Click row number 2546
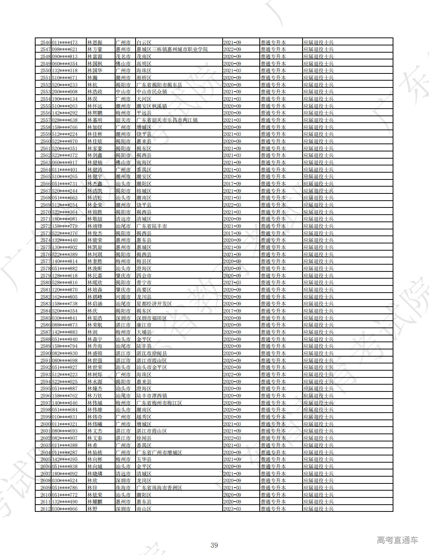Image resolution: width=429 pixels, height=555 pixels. (x=45, y=42)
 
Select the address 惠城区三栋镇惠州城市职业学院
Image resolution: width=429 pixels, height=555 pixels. (x=172, y=50)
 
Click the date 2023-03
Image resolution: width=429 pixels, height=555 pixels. (x=232, y=509)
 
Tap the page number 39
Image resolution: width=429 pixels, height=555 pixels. (x=214, y=545)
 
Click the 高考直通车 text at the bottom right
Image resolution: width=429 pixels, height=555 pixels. (x=397, y=540)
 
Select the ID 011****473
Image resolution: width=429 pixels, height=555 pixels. (x=65, y=42)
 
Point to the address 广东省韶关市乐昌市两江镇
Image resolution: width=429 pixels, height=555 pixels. (x=167, y=120)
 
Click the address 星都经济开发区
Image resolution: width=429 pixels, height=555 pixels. (x=154, y=304)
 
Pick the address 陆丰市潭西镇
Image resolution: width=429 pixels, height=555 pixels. (x=151, y=396)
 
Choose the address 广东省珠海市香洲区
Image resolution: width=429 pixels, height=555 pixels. (x=159, y=488)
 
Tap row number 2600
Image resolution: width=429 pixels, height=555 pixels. (x=45, y=424)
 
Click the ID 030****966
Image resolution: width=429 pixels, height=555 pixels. (x=65, y=509)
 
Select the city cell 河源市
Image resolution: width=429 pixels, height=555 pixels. (x=123, y=297)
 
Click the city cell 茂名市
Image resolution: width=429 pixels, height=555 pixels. (x=123, y=56)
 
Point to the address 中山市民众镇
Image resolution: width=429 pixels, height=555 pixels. (x=151, y=92)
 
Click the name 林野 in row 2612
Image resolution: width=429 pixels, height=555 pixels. (x=92, y=509)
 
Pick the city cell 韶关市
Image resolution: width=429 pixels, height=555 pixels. (x=123, y=120)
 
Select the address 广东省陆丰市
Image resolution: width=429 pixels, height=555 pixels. (x=151, y=226)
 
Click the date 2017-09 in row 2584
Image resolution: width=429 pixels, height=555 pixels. (x=232, y=311)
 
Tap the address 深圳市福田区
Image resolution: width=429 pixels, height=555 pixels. (x=151, y=318)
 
